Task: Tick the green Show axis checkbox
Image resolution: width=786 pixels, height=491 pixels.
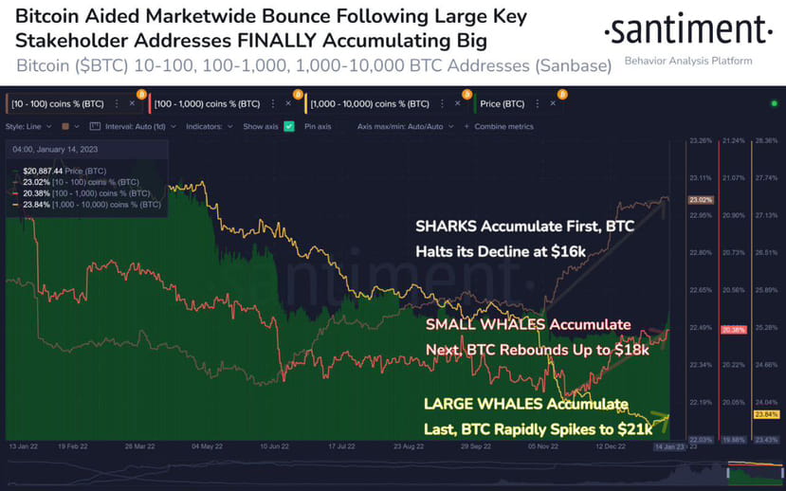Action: (289, 126)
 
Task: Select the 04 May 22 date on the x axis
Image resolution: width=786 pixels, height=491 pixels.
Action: (208, 444)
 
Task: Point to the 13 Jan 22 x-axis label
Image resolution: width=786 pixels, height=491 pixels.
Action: (24, 444)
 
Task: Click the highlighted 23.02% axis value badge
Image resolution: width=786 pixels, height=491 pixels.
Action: (701, 200)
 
